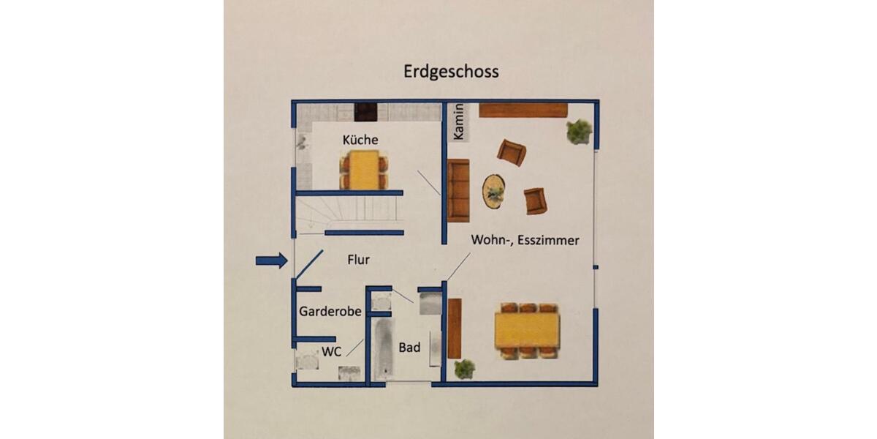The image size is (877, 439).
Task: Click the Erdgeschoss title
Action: (451, 72)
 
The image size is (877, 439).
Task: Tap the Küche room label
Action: (360, 139)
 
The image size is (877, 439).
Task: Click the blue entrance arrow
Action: (271, 260)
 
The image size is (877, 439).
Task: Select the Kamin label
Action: (459, 122)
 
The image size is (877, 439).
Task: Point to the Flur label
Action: (358, 259)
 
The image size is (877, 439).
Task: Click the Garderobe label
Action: (330, 312)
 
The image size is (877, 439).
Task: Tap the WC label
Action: (332, 351)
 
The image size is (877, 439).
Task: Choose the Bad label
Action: (409, 348)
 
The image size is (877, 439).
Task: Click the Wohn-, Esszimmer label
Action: (525, 240)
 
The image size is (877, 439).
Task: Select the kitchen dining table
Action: (363, 170)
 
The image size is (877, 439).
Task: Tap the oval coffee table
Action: (495, 191)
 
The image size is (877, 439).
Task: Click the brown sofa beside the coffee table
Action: (458, 190)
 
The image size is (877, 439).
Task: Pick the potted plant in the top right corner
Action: (579, 132)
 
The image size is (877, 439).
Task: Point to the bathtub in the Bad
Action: (381, 349)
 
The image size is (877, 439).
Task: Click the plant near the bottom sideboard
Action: (464, 368)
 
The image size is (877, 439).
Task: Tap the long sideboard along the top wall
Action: (523, 110)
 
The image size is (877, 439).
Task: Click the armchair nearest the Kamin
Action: (511, 152)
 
